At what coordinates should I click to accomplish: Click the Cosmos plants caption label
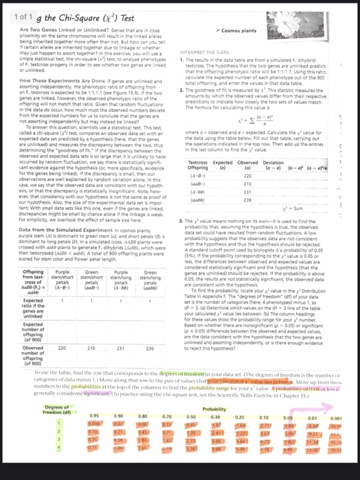(x=238, y=32)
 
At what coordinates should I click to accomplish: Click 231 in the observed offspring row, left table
(x=119, y=348)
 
